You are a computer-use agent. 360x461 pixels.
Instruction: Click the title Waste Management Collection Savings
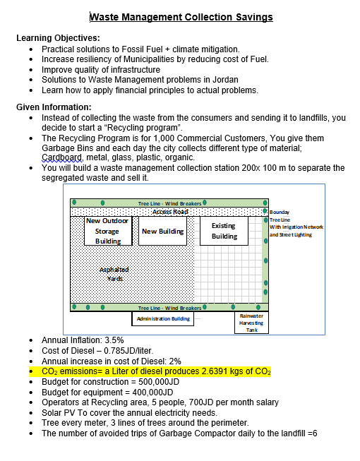click(x=181, y=17)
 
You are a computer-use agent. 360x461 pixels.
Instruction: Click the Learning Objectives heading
click(x=58, y=38)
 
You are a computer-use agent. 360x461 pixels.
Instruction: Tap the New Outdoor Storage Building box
click(x=107, y=231)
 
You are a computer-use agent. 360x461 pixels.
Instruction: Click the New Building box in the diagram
click(x=162, y=231)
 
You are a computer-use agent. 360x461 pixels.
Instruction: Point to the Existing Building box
click(x=224, y=231)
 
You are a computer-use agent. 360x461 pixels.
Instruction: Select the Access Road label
click(x=169, y=212)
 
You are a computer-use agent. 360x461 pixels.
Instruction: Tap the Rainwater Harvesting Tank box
click(x=251, y=323)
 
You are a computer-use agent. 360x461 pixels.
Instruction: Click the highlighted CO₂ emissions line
click(x=156, y=371)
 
